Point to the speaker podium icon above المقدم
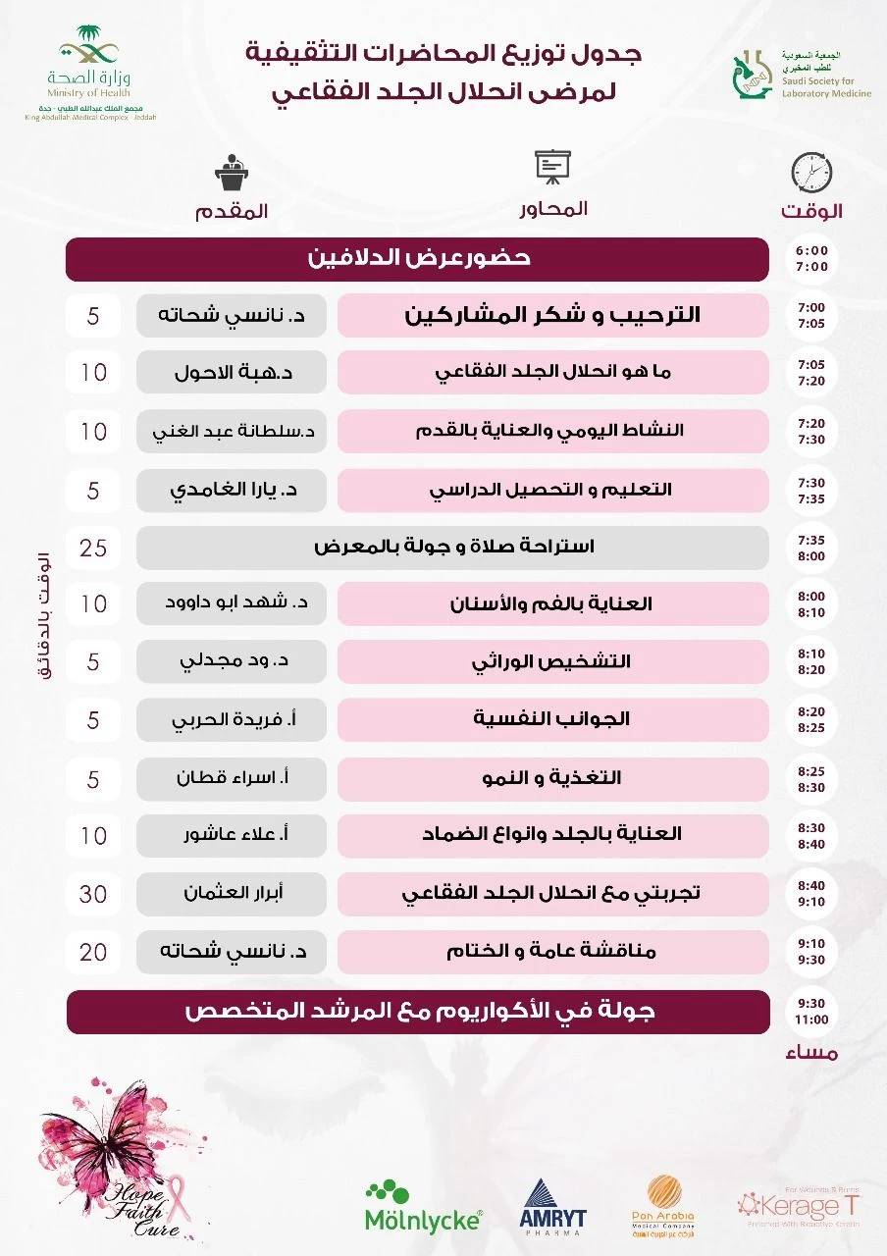[233, 174]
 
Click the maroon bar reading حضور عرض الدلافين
[418, 259]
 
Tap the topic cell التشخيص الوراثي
[552, 661]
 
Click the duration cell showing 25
[94, 547]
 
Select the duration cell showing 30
[94, 893]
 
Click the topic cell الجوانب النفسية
[552, 719]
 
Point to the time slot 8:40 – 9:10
[811, 893]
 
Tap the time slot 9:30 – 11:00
[811, 1012]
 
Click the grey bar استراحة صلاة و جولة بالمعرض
[452, 547]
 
